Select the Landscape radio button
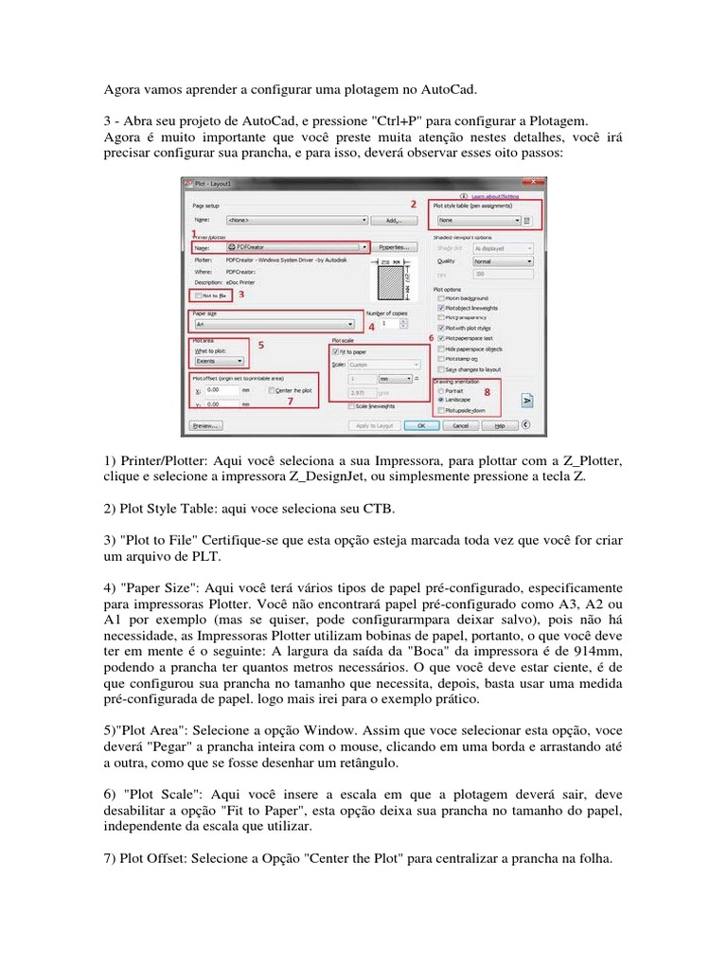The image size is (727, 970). click(x=438, y=400)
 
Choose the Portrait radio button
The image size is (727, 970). click(x=438, y=389)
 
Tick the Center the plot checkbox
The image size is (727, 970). click(x=272, y=389)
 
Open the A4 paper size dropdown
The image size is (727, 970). click(x=275, y=323)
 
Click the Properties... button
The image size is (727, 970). click(x=396, y=246)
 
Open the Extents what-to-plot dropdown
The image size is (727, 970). click(x=218, y=361)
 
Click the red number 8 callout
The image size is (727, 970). click(x=487, y=390)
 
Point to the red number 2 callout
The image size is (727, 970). click(x=412, y=204)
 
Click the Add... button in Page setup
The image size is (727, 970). click(x=396, y=219)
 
